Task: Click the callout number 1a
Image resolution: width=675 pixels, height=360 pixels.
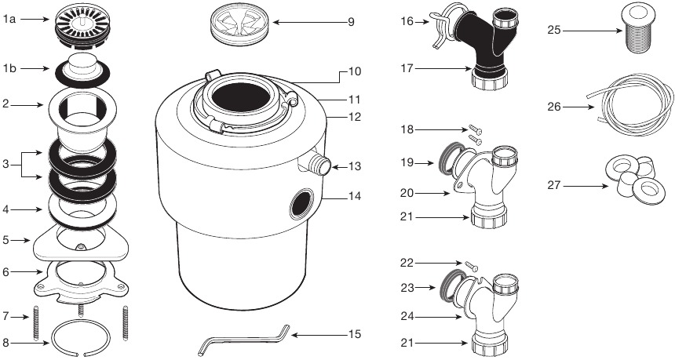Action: [x=10, y=18]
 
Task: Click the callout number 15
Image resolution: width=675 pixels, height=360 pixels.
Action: [x=354, y=335]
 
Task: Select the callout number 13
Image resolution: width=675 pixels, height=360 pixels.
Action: [x=354, y=166]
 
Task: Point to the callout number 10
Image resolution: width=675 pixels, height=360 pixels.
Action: [x=354, y=72]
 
